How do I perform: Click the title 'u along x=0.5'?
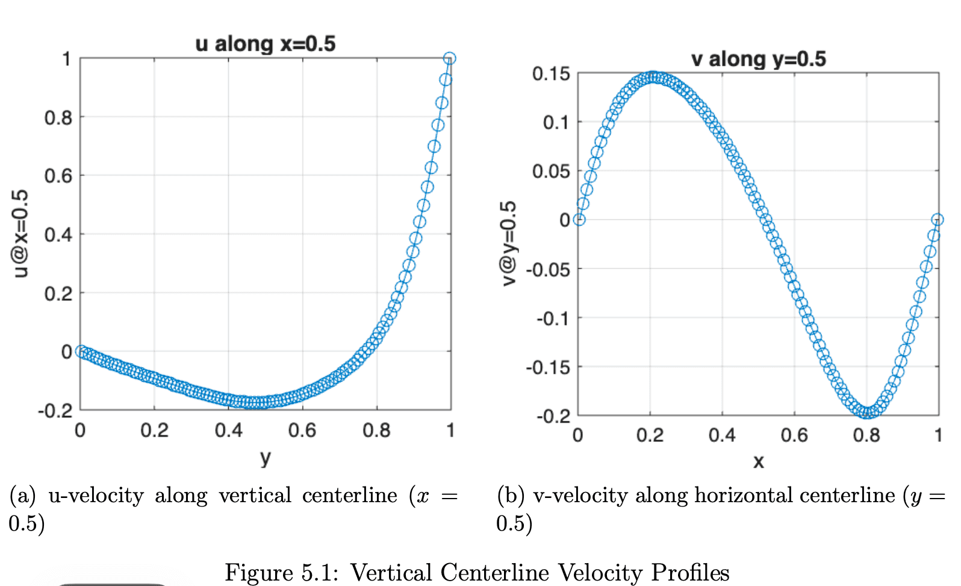tap(265, 44)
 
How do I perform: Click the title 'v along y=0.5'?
tap(758, 59)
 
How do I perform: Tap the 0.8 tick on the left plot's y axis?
tap(58, 118)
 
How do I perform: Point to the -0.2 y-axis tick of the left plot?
tap(55, 411)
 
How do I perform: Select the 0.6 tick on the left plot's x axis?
tap(302, 430)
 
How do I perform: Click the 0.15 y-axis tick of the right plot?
tap(551, 74)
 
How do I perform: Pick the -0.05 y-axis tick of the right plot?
tap(548, 270)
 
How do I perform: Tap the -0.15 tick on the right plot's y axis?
tap(548, 368)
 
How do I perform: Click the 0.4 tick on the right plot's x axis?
tap(722, 435)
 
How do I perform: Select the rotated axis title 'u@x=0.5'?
tap(20, 234)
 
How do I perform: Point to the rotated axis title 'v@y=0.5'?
tap(509, 243)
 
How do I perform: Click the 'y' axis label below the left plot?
tap(266, 458)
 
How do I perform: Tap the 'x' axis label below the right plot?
tap(759, 462)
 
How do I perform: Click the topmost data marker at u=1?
tap(450, 58)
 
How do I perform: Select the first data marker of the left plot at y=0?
tap(81, 351)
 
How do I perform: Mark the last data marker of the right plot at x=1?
tap(938, 219)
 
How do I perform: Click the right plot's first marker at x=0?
tap(579, 220)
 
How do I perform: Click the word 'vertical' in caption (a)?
tap(255, 496)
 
